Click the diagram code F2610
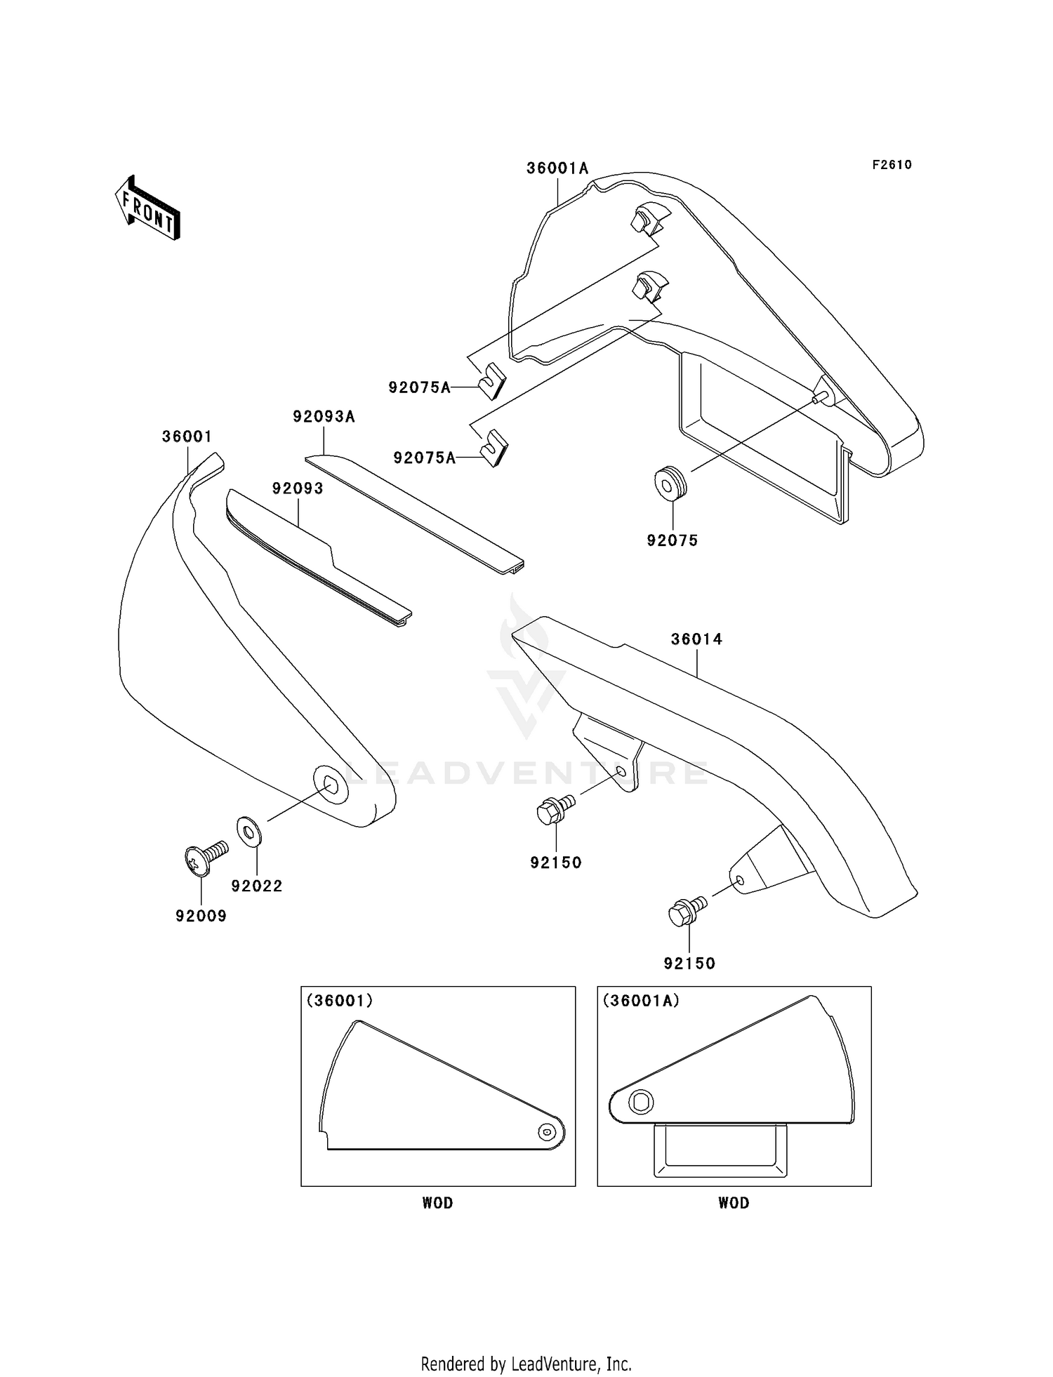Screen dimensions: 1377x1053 point(892,165)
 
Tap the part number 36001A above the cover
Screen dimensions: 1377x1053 point(557,168)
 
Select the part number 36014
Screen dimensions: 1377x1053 point(696,639)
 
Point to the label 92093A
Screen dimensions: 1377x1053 point(324,417)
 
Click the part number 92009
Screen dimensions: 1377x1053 point(201,916)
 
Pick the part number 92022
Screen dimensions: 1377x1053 point(257,886)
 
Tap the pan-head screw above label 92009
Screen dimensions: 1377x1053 point(204,858)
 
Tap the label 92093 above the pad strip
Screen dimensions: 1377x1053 point(298,488)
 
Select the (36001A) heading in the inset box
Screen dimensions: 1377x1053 point(641,1001)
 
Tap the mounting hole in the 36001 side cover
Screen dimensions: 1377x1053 point(330,783)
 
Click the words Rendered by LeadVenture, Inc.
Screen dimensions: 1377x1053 point(526,1364)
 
